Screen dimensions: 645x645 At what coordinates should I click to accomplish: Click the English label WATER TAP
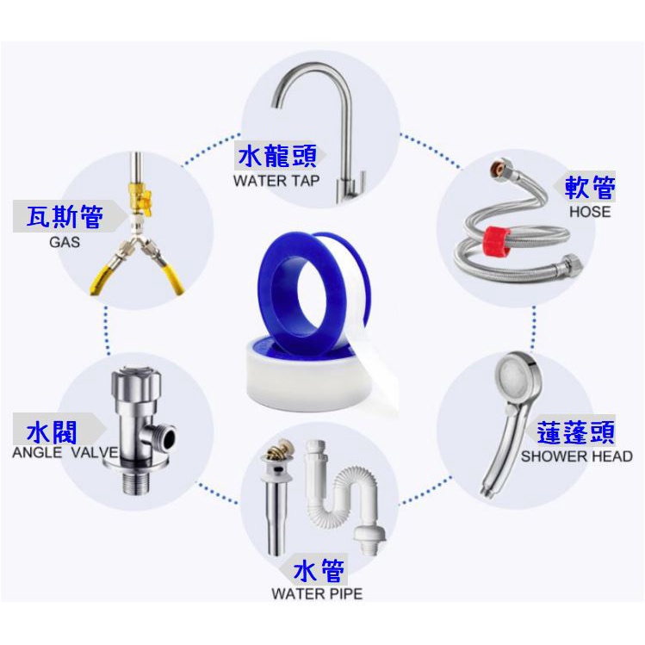pyautogui.click(x=276, y=181)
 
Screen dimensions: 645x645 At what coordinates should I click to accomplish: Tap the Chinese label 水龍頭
pyautogui.click(x=277, y=156)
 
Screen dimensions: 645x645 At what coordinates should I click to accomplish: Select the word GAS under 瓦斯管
pyautogui.click(x=65, y=242)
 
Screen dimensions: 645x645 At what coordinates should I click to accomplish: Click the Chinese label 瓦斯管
pyautogui.click(x=65, y=216)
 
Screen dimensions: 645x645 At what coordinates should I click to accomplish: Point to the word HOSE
pyautogui.click(x=590, y=212)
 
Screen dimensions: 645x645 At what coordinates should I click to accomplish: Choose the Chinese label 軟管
pyautogui.click(x=590, y=187)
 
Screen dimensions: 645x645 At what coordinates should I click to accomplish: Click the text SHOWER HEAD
pyautogui.click(x=576, y=456)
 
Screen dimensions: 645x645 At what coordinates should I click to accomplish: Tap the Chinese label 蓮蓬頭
pyautogui.click(x=576, y=432)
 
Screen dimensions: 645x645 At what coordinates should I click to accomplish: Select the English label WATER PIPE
pyautogui.click(x=317, y=593)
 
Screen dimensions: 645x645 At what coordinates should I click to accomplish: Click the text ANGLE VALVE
pyautogui.click(x=65, y=452)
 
